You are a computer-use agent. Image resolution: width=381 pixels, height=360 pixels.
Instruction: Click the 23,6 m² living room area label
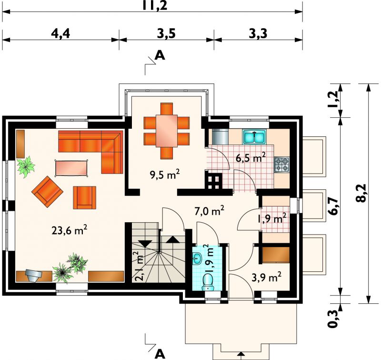click(x=69, y=230)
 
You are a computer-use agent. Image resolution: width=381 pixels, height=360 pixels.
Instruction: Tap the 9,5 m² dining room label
click(x=165, y=174)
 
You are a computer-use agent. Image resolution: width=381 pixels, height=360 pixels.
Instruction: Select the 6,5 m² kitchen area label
click(x=251, y=158)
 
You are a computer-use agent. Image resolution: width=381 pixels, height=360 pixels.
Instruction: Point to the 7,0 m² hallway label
click(x=209, y=211)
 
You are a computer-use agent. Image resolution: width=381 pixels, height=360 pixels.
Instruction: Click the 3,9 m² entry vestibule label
click(x=267, y=277)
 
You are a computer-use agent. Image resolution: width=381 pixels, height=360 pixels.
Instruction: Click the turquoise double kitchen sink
click(x=254, y=136)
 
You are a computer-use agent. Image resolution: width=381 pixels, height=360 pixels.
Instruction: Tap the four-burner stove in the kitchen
click(x=282, y=165)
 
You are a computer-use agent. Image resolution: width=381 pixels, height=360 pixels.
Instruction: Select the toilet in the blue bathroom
click(x=208, y=282)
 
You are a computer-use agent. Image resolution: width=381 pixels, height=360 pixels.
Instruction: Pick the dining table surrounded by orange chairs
click(x=167, y=131)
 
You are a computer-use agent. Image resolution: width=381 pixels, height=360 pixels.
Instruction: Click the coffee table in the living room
click(x=71, y=167)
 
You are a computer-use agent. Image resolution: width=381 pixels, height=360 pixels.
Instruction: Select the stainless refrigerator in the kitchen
click(x=220, y=136)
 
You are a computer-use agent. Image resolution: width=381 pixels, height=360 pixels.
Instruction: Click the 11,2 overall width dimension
click(x=155, y=5)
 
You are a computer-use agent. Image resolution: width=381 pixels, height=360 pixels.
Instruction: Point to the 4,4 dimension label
click(x=60, y=33)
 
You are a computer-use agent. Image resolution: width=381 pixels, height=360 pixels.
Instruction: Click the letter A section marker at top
click(x=160, y=55)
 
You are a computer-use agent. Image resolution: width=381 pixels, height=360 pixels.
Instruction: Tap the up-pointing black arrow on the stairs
click(x=173, y=239)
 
